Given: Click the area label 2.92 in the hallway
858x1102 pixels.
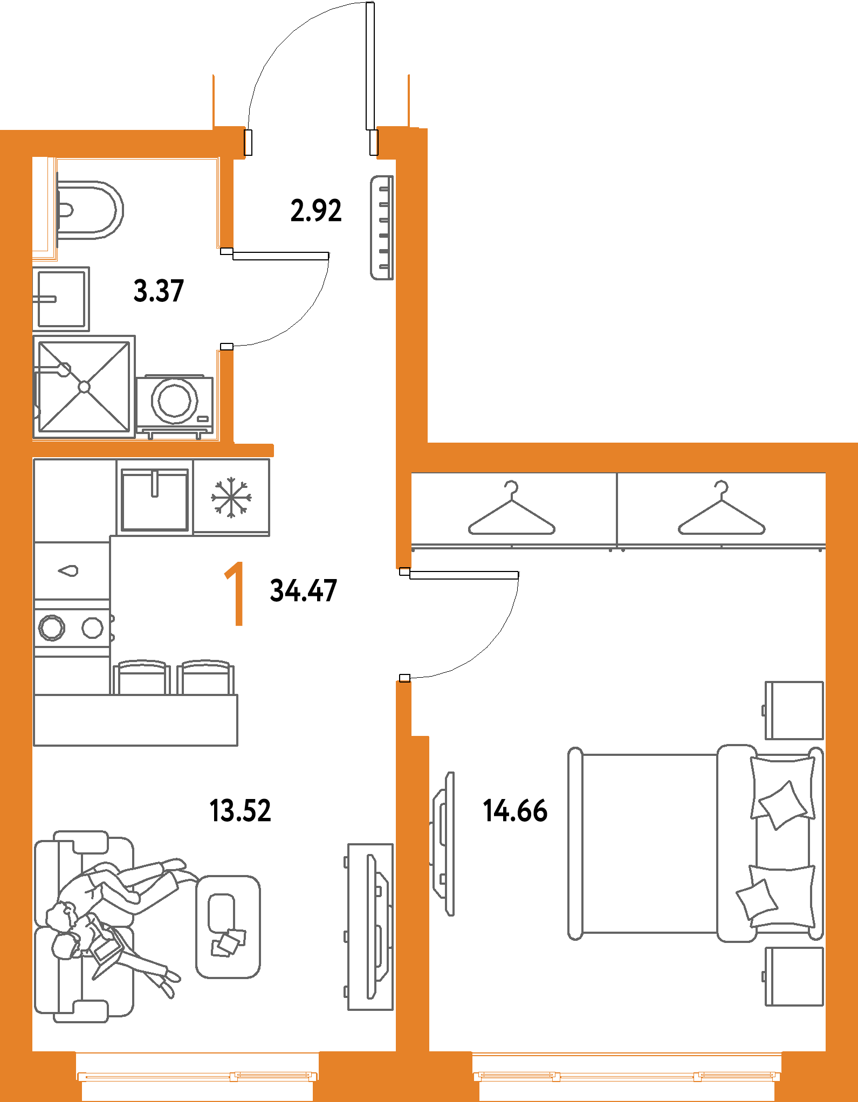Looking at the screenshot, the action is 316,211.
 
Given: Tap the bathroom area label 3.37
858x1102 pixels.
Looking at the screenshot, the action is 159,291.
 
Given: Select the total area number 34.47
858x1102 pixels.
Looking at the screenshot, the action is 304,590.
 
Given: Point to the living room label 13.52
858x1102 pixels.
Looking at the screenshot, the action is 240,811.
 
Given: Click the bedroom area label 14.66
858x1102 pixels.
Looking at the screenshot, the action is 515,811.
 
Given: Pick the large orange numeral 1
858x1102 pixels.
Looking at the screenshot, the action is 235,594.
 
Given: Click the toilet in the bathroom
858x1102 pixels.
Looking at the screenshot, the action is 90,210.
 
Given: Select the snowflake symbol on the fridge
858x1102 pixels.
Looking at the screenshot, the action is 231,497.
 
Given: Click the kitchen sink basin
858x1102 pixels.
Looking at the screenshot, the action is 155,500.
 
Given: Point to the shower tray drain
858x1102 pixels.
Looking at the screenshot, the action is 84,387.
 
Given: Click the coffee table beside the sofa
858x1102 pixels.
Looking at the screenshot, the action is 228,926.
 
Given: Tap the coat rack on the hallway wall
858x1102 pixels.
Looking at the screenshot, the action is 382,228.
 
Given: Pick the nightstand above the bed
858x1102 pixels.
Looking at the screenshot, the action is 793,711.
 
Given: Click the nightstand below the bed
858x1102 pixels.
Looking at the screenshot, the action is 793,976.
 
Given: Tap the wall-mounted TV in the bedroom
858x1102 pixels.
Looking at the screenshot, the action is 443,844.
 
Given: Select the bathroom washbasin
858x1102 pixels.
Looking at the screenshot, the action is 61,299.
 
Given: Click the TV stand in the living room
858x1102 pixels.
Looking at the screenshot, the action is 369,927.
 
